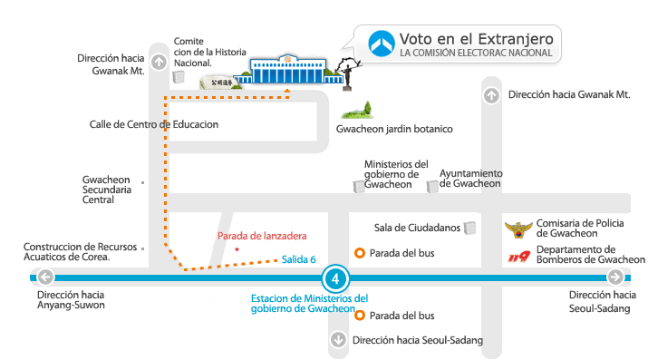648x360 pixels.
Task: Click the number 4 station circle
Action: coord(335,277)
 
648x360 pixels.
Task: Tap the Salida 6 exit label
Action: coord(298,259)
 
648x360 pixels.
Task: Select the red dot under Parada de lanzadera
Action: coord(237,248)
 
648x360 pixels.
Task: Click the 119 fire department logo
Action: coord(519,257)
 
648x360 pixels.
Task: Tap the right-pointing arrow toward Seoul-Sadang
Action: coord(615,277)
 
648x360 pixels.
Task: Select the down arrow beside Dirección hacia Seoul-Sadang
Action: coord(338,341)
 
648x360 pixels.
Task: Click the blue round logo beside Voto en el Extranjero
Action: coord(382,43)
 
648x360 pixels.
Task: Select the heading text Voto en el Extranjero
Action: coord(475,38)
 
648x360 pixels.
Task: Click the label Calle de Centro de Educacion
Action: coord(154,124)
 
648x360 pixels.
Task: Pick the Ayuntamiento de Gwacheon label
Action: coord(470,179)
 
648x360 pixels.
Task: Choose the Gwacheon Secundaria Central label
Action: coord(106,190)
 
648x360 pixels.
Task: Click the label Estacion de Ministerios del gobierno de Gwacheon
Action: coord(309,303)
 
